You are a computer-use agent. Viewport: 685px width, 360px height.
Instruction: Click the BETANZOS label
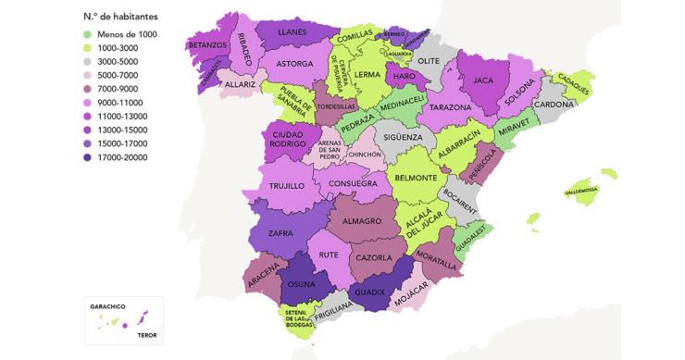tap(208, 70)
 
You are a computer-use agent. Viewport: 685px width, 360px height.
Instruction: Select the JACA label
tap(483, 81)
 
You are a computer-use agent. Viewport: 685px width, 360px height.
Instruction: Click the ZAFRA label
tap(280, 234)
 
